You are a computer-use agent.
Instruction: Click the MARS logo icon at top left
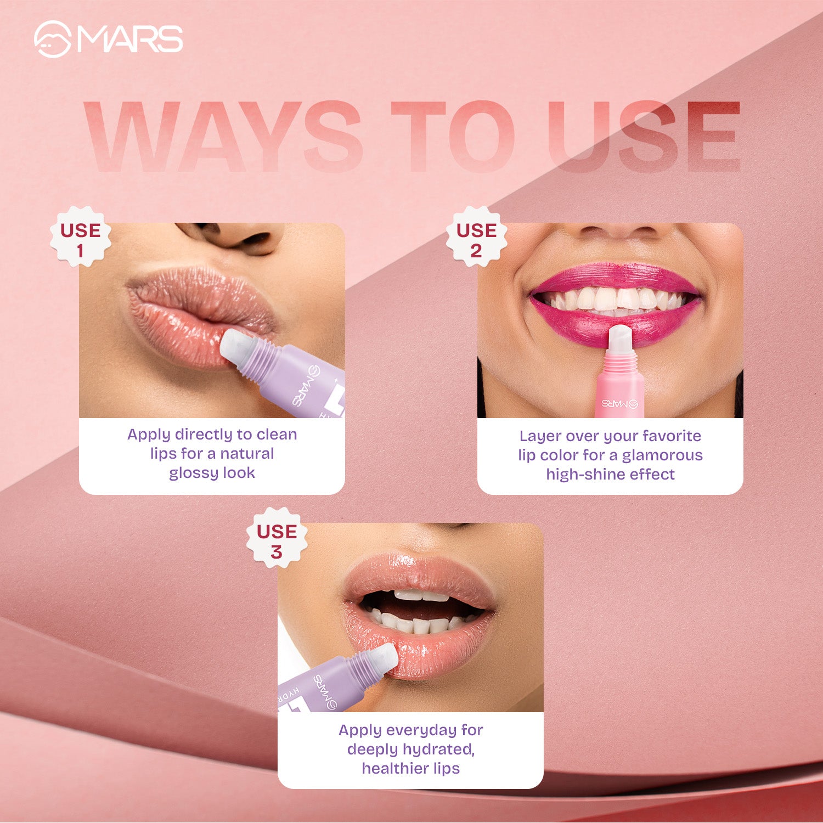(52, 40)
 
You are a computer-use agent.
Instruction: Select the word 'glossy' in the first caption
(194, 473)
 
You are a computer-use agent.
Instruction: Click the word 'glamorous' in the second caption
(662, 455)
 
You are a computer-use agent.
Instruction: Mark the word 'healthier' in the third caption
(394, 769)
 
